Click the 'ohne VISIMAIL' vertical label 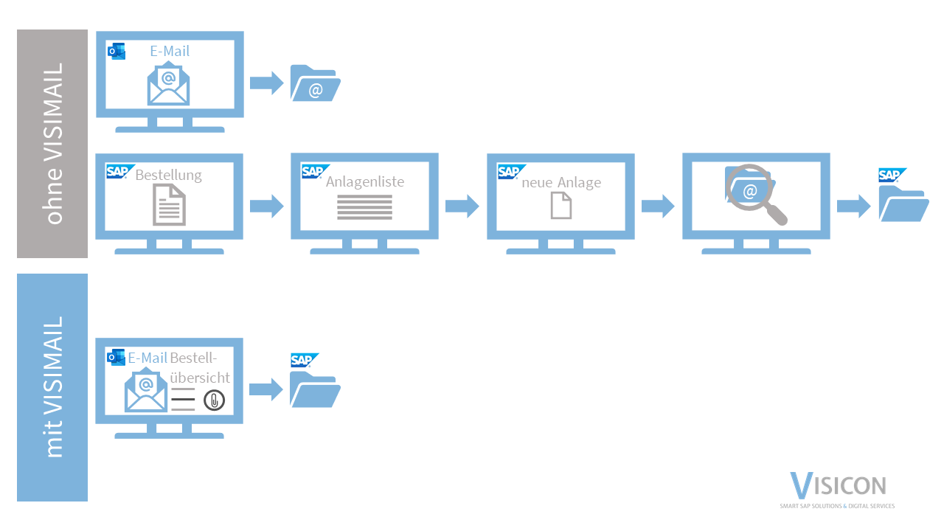pos(53,144)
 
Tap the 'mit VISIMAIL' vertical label pos(53,387)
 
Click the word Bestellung pos(168,175)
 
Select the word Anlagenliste pos(365,181)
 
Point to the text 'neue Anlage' pos(561,182)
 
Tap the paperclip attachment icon pos(214,400)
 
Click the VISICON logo pos(838,488)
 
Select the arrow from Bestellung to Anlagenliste pos(266,206)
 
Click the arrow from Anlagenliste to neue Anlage pos(462,206)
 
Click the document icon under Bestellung pos(169,205)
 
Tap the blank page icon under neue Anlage pos(561,205)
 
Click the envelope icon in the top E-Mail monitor pos(168,84)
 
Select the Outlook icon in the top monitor pos(117,51)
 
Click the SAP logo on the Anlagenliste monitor pos(312,172)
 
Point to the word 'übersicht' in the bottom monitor pos(200,378)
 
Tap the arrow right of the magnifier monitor pos(853,206)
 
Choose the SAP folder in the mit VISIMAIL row pos(314,389)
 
